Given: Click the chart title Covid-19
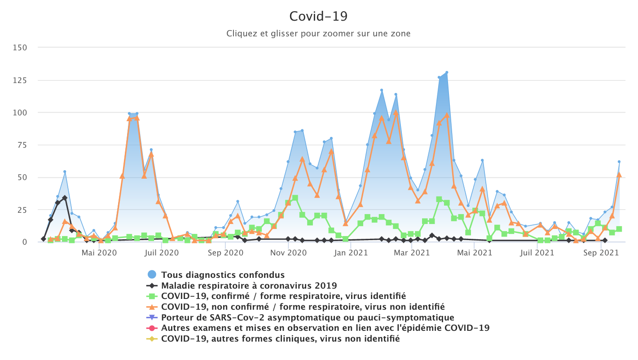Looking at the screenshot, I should tap(318, 16).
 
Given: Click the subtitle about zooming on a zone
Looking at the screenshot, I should tap(318, 34).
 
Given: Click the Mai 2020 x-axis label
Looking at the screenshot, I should tap(99, 253).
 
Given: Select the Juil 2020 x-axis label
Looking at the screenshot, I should tap(161, 253).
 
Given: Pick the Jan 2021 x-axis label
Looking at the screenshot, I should tap(351, 253).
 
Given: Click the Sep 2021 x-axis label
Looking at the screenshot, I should tap(601, 253).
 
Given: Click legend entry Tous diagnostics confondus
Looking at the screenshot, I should tap(223, 275).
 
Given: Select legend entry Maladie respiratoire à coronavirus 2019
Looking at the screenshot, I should tap(249, 285).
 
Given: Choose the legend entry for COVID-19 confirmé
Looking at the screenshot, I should tap(283, 296).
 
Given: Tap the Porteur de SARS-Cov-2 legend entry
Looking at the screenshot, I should tap(308, 318).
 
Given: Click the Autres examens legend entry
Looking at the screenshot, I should tap(325, 328).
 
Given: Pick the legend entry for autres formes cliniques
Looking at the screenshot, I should tap(280, 339).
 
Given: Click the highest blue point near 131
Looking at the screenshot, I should tap(446, 72).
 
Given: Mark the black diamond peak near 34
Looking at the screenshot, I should tap(65, 198).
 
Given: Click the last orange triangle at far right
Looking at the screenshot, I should tap(619, 175).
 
